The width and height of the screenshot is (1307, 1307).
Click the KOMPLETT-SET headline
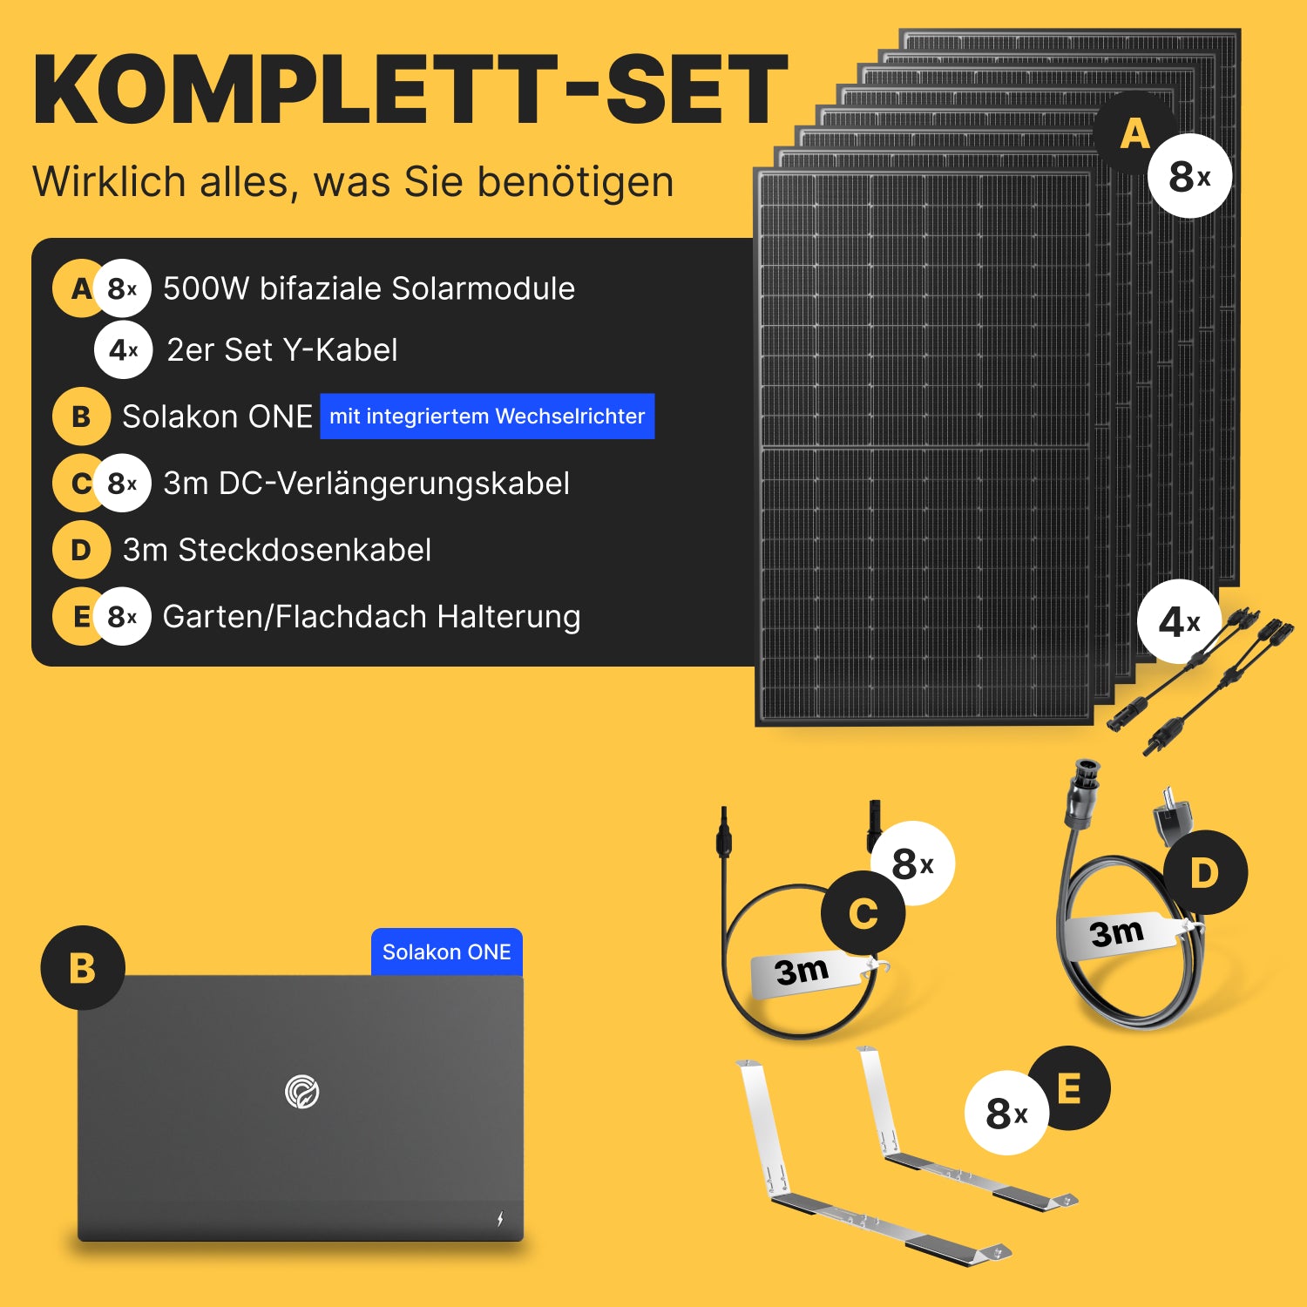point(410,91)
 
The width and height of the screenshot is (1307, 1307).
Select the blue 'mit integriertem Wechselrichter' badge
point(487,416)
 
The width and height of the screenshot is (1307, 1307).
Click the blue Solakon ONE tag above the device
point(447,951)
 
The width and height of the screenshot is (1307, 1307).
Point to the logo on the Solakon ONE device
point(302,1091)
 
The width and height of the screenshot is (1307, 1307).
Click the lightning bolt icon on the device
point(500,1218)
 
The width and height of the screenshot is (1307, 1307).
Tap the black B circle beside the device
point(83,968)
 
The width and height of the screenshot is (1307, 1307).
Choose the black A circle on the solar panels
point(1134,133)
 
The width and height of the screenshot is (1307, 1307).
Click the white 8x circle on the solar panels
point(1189,176)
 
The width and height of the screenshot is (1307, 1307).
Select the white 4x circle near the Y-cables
point(1179,622)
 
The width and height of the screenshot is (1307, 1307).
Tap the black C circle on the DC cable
point(863,913)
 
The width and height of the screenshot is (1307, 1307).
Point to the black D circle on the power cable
point(1205,872)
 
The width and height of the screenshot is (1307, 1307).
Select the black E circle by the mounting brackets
point(1068,1088)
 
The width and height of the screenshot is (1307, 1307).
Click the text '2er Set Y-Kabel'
point(282,350)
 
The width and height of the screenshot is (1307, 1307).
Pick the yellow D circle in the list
point(81,550)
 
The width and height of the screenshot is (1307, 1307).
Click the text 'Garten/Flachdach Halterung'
point(372,617)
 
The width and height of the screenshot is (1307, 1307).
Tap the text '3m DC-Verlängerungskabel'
point(367,484)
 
